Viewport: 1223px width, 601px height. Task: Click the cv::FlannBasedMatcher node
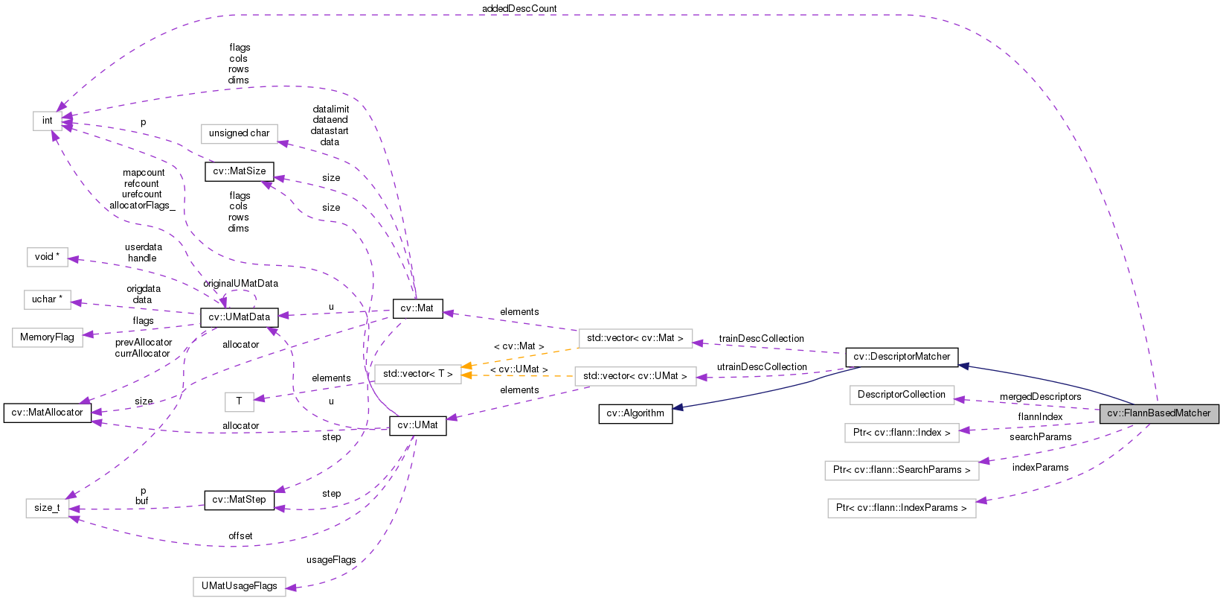pyautogui.click(x=1158, y=413)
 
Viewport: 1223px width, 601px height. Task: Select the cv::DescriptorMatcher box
pyautogui.click(x=902, y=357)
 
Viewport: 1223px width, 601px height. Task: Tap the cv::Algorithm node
pyautogui.click(x=635, y=413)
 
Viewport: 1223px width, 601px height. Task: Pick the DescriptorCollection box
pyautogui.click(x=901, y=395)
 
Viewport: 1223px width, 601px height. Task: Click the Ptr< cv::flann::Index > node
pyautogui.click(x=902, y=433)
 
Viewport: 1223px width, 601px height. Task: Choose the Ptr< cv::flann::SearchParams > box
pyautogui.click(x=902, y=470)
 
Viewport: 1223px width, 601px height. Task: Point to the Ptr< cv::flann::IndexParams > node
pyautogui.click(x=902, y=508)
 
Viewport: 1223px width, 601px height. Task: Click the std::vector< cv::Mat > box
pyautogui.click(x=635, y=338)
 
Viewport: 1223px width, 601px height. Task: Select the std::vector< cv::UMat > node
pyautogui.click(x=635, y=376)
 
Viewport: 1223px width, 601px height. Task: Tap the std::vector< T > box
pyautogui.click(x=417, y=374)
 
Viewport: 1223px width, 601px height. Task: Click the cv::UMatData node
pyautogui.click(x=239, y=317)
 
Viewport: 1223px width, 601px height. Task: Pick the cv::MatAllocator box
pyautogui.click(x=48, y=413)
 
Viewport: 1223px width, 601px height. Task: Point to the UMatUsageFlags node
pyautogui.click(x=239, y=586)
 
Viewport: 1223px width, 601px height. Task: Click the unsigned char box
pyautogui.click(x=239, y=133)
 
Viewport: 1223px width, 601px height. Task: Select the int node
pyautogui.click(x=47, y=121)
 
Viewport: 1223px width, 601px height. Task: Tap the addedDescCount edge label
pyautogui.click(x=519, y=9)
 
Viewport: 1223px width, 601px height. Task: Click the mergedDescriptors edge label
pyautogui.click(x=1040, y=397)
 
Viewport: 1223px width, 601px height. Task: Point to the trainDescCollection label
pyautogui.click(x=761, y=339)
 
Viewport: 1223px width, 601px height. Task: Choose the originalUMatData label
pyautogui.click(x=240, y=284)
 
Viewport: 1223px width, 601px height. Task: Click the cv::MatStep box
pyautogui.click(x=239, y=500)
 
